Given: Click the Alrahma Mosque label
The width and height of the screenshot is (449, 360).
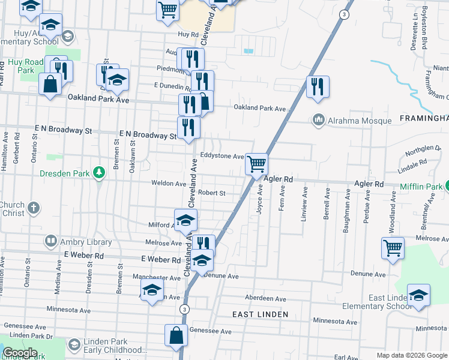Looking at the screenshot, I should click(360, 121).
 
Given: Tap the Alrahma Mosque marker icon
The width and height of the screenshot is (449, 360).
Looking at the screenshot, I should click(318, 121).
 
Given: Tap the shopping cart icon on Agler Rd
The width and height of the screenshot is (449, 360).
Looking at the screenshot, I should click(256, 163).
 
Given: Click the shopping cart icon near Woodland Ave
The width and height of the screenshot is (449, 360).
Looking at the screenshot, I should click(393, 247).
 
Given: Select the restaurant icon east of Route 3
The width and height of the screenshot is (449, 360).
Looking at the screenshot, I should click(318, 86).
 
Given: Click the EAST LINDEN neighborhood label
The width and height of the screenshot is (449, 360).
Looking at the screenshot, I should click(261, 314).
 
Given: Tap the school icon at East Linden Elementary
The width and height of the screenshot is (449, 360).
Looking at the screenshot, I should click(418, 295).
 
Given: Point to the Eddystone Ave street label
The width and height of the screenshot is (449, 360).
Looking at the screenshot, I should click(222, 156).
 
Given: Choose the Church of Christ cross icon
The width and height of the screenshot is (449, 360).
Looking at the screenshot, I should click(34, 209).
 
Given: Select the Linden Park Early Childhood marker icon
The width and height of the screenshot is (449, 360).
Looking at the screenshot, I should click(74, 345).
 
